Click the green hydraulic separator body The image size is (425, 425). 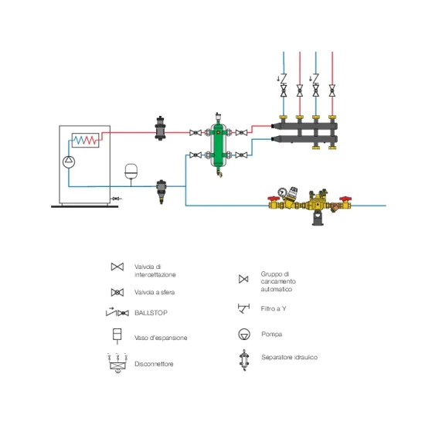[x=219, y=144]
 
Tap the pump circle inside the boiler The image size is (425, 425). [x=69, y=161]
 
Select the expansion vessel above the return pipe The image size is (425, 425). [x=131, y=171]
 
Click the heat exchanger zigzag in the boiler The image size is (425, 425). [x=85, y=140]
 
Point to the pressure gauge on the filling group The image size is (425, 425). [x=282, y=192]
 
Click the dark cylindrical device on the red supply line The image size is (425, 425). [x=160, y=128]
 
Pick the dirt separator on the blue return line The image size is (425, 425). [x=161, y=191]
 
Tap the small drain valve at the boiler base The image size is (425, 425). [x=116, y=199]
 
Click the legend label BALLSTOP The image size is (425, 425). [x=151, y=313]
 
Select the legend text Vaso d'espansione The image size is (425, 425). [x=161, y=338]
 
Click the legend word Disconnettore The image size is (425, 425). [x=154, y=364]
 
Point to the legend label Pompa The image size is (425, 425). [x=271, y=334]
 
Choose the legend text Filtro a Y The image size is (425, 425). [x=274, y=309]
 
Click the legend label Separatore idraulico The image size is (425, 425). [x=289, y=357]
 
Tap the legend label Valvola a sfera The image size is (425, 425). [x=155, y=292]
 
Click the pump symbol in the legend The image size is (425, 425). [x=244, y=334]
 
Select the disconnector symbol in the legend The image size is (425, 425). [x=117, y=363]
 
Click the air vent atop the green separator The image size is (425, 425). [x=218, y=117]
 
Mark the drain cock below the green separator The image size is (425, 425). [x=219, y=172]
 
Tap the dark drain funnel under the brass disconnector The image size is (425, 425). [x=318, y=219]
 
